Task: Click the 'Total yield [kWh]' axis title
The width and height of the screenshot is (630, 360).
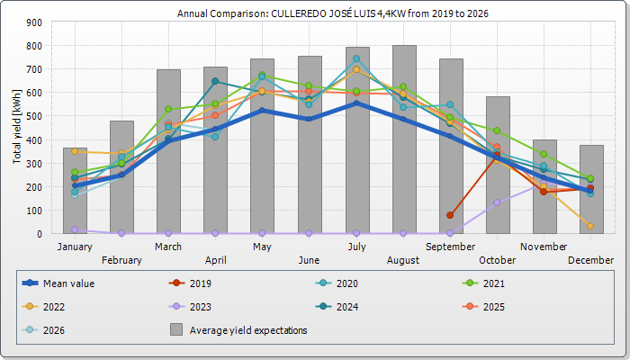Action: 18,127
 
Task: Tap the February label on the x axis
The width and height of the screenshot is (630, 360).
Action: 121,260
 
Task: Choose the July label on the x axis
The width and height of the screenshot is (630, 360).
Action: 357,247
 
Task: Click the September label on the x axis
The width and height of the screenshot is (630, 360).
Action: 451,247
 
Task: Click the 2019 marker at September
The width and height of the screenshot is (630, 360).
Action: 450,215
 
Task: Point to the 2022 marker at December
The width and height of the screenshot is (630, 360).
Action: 590,226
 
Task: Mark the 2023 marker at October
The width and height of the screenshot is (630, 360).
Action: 497,202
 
